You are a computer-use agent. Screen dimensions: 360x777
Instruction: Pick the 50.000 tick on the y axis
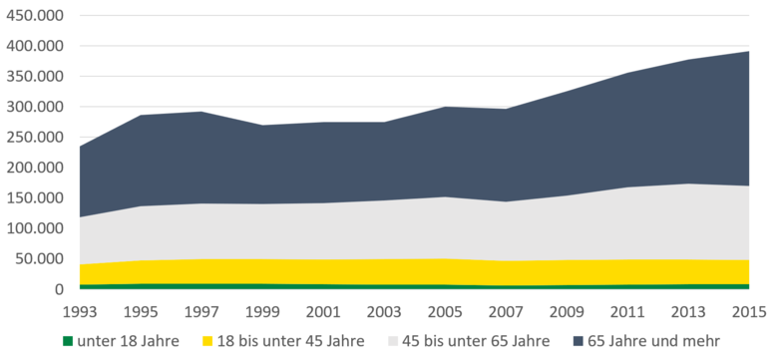coord(39,259)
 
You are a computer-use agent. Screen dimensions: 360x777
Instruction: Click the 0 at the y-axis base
coord(59,289)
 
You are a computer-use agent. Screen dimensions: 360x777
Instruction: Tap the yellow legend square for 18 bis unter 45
coord(208,340)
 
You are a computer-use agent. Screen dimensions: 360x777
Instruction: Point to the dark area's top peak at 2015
coord(748,52)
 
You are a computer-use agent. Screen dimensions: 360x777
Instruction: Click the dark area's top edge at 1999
coord(262,126)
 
